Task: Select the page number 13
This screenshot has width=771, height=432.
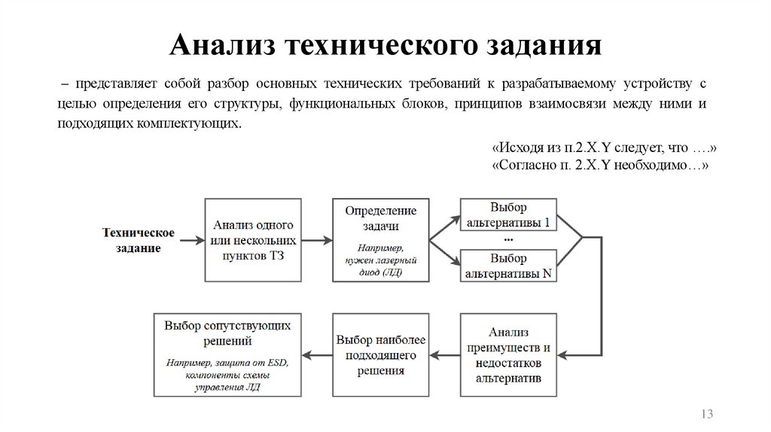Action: (706, 415)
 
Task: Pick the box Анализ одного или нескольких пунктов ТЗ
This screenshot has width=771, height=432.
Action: (253, 240)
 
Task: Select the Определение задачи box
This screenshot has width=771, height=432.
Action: (380, 240)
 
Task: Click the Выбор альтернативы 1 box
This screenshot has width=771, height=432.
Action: (508, 215)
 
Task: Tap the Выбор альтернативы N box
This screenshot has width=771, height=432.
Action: (508, 265)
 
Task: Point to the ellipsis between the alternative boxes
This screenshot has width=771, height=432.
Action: (508, 240)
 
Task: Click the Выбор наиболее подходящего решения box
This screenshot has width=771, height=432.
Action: (380, 354)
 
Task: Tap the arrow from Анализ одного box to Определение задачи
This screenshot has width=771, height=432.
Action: (317, 240)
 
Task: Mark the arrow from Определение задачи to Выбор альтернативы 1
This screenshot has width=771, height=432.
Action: (444, 227)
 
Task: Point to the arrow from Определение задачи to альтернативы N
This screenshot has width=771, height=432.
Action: (444, 253)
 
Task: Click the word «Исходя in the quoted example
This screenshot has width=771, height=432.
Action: (514, 148)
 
